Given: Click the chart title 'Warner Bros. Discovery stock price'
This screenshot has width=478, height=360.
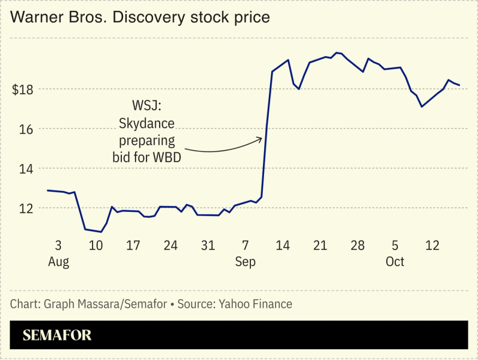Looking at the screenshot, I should [140, 17].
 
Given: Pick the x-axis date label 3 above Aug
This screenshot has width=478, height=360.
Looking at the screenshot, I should [58, 245].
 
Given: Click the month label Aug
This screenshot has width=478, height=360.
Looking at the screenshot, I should [58, 262].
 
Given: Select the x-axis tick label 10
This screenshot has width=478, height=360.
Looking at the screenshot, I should [96, 245].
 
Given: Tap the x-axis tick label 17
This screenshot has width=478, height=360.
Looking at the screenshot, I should [133, 245].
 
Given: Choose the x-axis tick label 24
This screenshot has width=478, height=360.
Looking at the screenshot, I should [170, 245].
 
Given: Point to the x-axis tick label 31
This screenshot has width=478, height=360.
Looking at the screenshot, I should [208, 245].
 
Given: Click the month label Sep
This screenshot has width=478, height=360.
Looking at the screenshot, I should [246, 262].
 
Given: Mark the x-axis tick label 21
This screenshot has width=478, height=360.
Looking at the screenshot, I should [320, 245].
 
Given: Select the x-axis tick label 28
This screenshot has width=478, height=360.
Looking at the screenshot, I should [357, 245].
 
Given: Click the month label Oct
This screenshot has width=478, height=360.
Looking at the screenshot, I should [395, 262].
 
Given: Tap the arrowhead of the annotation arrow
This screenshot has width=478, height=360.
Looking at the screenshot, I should [261, 139].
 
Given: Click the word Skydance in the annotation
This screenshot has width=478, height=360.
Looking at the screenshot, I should [147, 124].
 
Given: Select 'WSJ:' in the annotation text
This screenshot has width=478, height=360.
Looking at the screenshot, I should [147, 106].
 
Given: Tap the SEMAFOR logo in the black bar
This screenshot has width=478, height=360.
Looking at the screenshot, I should [57, 336].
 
